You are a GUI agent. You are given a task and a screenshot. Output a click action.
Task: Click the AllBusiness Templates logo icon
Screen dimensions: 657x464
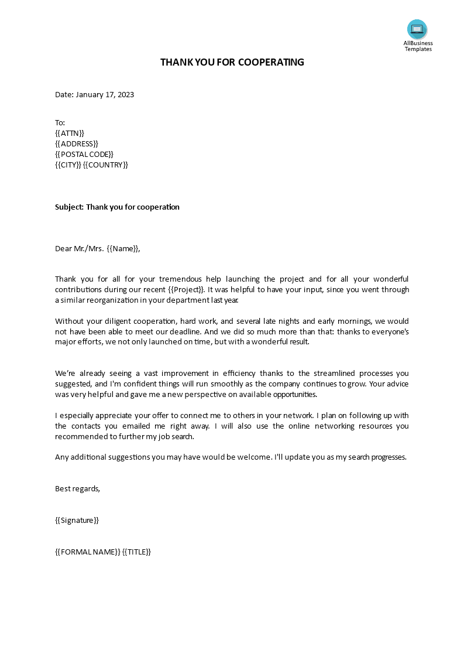(x=417, y=29)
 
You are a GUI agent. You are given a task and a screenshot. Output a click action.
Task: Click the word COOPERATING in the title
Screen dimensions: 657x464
(x=271, y=62)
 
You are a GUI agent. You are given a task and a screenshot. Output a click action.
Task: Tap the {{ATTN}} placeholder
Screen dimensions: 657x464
(x=70, y=133)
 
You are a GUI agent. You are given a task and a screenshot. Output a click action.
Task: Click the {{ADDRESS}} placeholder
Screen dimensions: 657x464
(x=77, y=143)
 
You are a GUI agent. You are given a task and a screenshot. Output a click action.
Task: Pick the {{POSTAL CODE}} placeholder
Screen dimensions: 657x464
(x=84, y=154)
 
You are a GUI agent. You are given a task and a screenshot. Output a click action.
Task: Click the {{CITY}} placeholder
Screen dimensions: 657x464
(x=68, y=165)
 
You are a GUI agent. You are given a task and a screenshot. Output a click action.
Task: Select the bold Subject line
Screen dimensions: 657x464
(x=117, y=207)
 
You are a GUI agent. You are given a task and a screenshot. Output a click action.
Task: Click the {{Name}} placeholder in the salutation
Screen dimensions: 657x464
(x=123, y=248)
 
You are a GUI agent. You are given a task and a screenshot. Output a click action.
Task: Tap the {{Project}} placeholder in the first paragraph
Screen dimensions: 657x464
(x=185, y=290)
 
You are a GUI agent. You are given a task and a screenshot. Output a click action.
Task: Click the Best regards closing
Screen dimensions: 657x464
(x=77, y=488)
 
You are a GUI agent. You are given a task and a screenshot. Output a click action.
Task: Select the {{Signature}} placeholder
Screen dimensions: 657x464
(x=77, y=520)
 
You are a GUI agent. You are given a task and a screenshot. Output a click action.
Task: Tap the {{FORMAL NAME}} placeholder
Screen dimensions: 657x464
(x=88, y=552)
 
